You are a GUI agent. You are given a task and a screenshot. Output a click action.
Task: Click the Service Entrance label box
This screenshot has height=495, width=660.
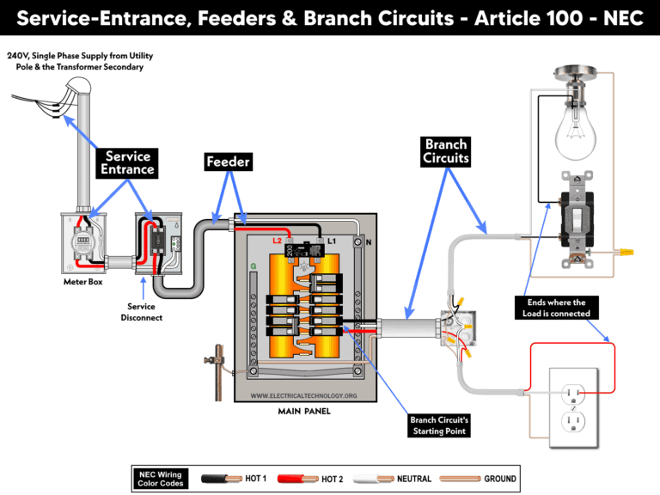[x=129, y=162]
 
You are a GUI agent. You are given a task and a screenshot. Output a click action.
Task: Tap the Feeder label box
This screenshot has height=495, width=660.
[x=228, y=162]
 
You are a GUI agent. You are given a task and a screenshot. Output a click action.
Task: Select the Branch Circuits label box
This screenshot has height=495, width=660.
[x=446, y=151]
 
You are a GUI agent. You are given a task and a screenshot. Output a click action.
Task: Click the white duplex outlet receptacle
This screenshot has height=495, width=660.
[x=572, y=407]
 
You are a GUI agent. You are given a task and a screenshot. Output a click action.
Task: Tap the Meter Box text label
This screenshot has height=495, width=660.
[x=83, y=281]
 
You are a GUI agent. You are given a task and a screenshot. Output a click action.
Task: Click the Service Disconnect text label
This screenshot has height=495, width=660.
[x=145, y=311]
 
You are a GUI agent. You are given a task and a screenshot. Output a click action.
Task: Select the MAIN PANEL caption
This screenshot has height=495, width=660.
[x=303, y=411]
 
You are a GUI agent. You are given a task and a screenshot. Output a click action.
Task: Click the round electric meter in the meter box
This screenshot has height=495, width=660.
[x=82, y=242]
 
